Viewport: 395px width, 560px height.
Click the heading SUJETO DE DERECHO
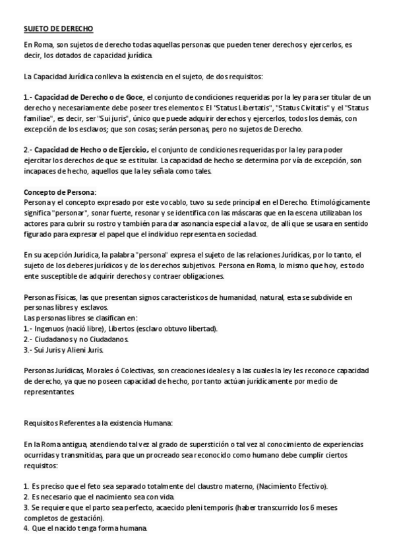click(58, 29)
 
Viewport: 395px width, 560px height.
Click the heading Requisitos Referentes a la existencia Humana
click(97, 423)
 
